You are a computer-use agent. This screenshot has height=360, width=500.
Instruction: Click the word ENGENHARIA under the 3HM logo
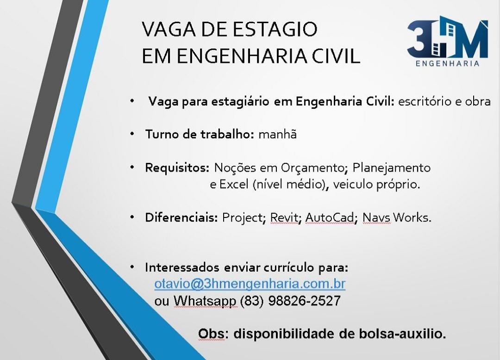point(447,63)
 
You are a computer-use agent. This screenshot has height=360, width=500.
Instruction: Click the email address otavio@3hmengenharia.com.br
point(250,284)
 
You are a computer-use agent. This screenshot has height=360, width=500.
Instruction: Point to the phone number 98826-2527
point(305,300)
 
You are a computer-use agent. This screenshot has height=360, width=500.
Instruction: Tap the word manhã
point(277,134)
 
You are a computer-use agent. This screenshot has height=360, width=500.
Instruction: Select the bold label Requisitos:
point(177,168)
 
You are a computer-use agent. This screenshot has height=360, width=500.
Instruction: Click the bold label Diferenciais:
point(181,217)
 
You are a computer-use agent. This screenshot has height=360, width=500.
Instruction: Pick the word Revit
point(285,217)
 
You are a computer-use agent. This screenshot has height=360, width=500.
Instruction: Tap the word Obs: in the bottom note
point(212,334)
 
